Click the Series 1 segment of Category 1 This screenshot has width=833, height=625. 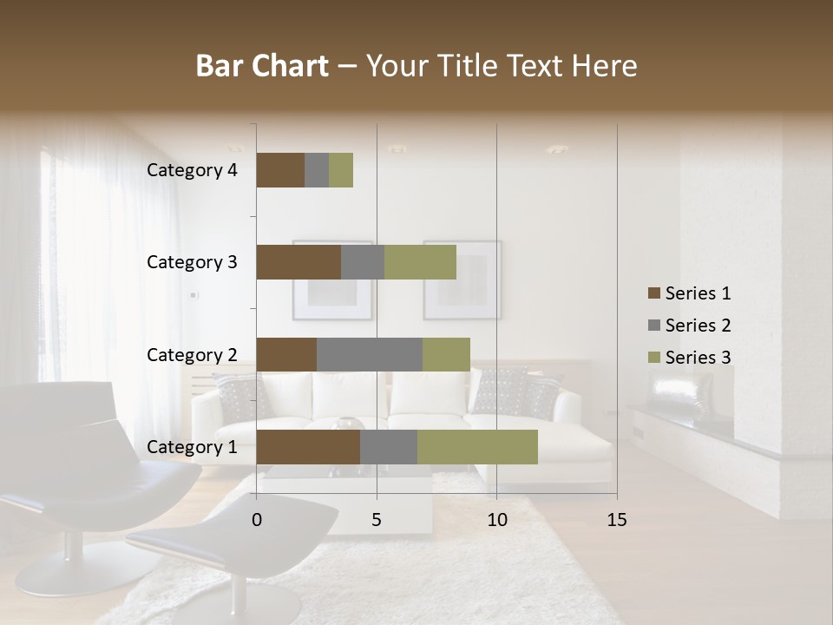tap(308, 447)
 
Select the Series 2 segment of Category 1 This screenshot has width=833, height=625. tap(389, 447)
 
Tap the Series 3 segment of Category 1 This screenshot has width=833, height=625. tap(477, 447)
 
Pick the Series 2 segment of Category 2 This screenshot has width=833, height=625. tap(370, 354)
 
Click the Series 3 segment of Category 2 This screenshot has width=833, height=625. tap(446, 354)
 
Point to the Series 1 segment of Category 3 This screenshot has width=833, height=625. tap(298, 262)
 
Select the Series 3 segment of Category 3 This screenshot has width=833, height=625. tap(420, 262)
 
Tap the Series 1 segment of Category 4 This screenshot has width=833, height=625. tap(280, 170)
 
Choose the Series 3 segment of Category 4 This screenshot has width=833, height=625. tap(341, 170)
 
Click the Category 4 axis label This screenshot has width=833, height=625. tap(192, 170)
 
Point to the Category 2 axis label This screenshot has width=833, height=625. tap(192, 354)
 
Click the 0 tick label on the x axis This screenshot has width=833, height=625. tap(257, 520)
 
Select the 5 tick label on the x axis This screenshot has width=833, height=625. tap(377, 520)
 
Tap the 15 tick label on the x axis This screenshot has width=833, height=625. tap(617, 520)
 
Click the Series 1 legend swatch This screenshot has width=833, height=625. tap(653, 293)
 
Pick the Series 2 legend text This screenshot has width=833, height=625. tap(698, 326)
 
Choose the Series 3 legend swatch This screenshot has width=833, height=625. tap(653, 358)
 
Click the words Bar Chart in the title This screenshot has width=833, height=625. tap(262, 66)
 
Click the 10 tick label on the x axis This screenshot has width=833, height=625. tap(496, 520)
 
